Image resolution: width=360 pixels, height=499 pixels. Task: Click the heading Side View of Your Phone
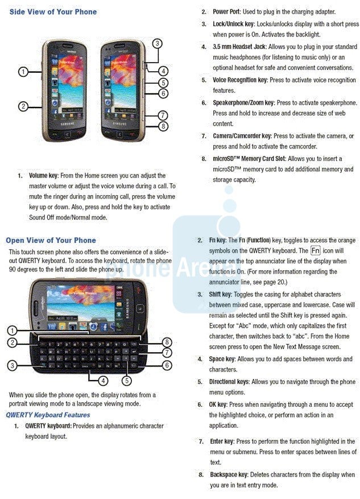tap(53, 12)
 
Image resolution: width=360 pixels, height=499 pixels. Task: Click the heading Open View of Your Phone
tap(51, 240)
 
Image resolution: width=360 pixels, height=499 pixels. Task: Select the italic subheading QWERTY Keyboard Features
tap(48, 415)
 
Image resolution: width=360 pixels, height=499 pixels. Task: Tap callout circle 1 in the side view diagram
tap(23, 72)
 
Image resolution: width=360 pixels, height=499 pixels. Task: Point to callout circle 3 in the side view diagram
tap(158, 43)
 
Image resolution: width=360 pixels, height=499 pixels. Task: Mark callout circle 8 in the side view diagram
tap(163, 126)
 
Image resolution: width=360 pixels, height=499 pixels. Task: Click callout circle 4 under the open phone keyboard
tap(103, 380)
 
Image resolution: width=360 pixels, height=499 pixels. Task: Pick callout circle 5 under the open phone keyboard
tap(126, 380)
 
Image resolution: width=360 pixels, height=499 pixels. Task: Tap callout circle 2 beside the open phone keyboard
tap(12, 343)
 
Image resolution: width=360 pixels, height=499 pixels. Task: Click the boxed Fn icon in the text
tap(316, 250)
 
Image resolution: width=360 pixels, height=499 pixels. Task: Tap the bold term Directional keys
tap(229, 382)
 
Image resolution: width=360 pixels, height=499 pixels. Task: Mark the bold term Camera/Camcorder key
tap(242, 137)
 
